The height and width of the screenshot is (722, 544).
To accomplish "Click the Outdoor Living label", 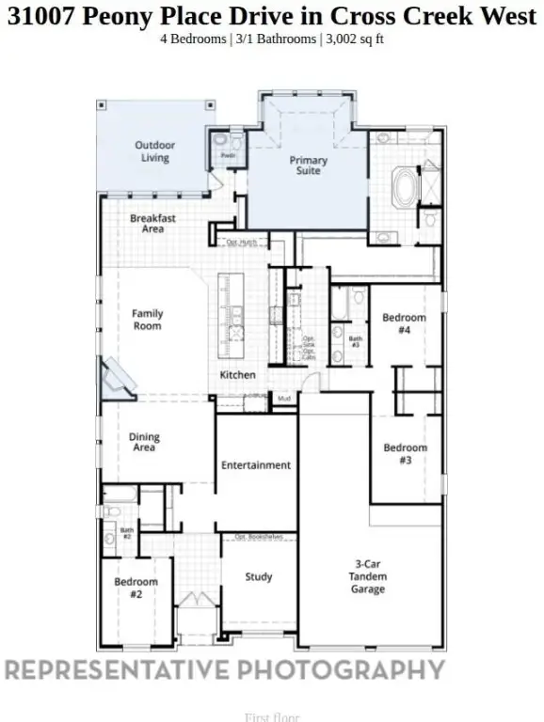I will [x=154, y=151].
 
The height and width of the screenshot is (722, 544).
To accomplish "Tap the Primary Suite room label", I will [x=308, y=166].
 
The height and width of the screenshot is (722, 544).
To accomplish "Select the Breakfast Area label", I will [x=152, y=224].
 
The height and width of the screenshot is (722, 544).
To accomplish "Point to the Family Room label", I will [x=147, y=320].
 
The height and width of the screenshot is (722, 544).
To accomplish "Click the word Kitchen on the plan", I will [x=237, y=375].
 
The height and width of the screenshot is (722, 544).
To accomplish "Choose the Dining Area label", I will [x=144, y=442].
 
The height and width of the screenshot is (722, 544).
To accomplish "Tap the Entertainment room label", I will [x=255, y=465].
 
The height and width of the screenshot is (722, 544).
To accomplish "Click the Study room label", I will [x=259, y=577].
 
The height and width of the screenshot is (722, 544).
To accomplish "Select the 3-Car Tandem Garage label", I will [x=368, y=576].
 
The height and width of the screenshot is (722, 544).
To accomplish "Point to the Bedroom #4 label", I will [x=404, y=323].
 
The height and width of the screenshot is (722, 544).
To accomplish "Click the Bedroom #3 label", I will [x=405, y=454].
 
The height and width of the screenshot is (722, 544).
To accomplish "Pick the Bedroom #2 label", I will [x=136, y=588].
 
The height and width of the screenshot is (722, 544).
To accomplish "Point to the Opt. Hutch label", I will [x=242, y=243].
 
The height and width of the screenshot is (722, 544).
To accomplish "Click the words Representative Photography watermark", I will [x=225, y=669].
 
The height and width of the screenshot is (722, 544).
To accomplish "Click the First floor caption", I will [x=272, y=717].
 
